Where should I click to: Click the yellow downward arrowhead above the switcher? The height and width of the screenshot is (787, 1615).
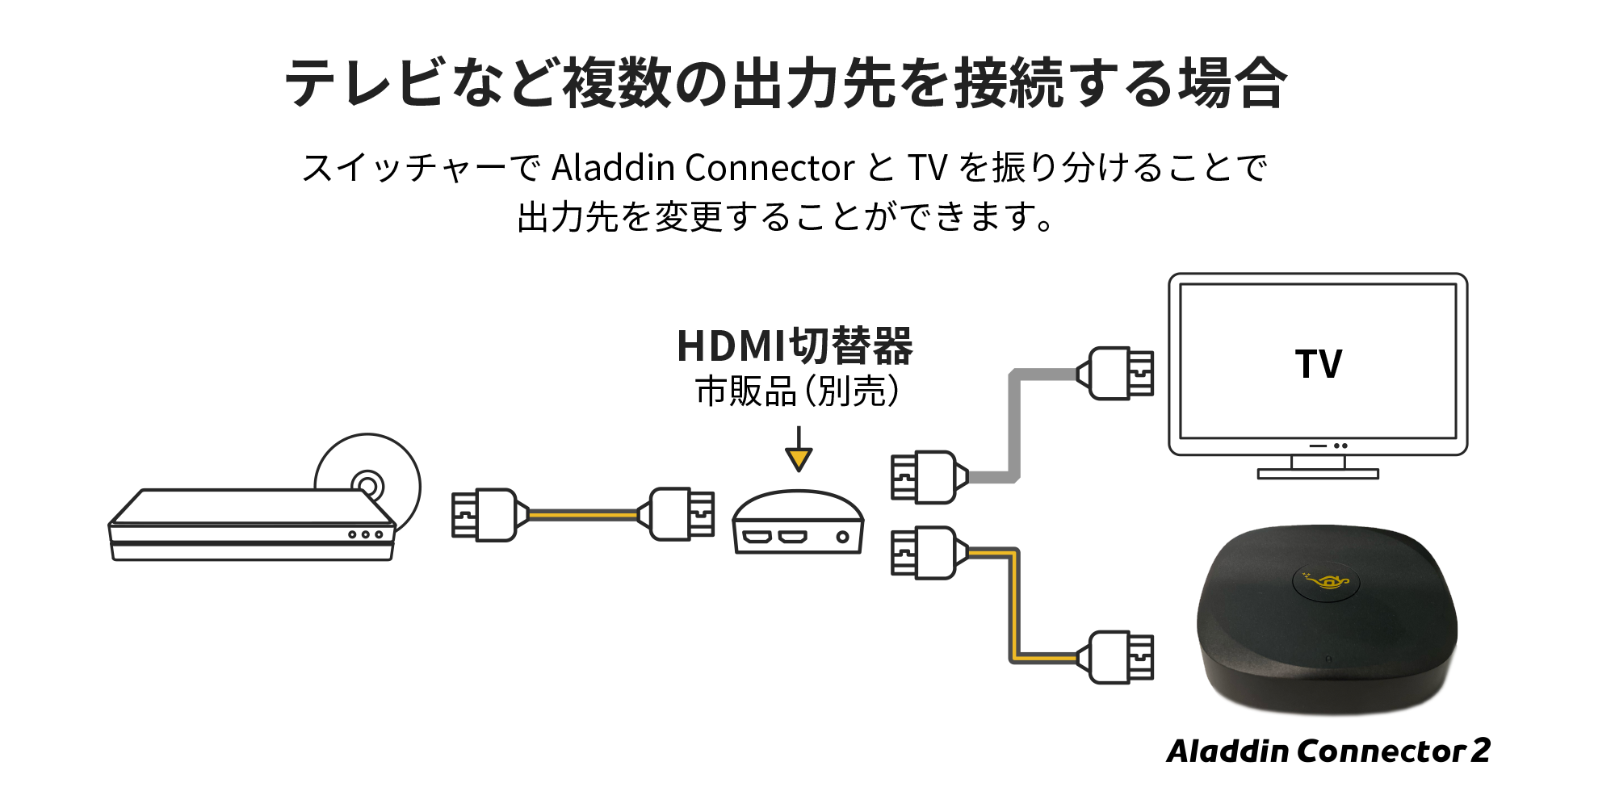coord(799,459)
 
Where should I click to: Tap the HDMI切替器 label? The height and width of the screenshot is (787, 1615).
coord(795,345)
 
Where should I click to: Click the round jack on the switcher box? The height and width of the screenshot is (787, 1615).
coord(842,537)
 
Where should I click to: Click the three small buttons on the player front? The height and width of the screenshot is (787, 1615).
coord(365,534)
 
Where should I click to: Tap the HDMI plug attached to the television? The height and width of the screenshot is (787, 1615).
coord(1118,373)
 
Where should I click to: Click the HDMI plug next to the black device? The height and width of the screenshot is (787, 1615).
coord(1118,657)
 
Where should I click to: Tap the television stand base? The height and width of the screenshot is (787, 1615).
coord(1318,475)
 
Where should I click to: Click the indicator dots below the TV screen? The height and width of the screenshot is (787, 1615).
coord(1340,446)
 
